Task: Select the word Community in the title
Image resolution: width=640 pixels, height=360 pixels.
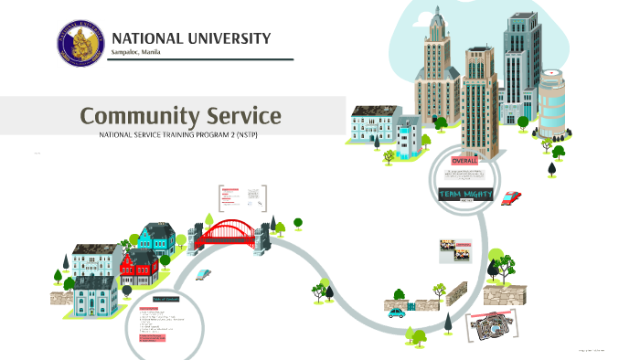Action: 137,116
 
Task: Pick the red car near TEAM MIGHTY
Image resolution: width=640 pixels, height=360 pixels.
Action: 511,196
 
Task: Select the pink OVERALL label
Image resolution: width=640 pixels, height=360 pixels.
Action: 465,161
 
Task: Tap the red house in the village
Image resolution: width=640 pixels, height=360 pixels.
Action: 139,266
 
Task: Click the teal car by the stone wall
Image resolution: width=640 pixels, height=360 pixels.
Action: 396,312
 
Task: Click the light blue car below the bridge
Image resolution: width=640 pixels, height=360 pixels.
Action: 204,273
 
